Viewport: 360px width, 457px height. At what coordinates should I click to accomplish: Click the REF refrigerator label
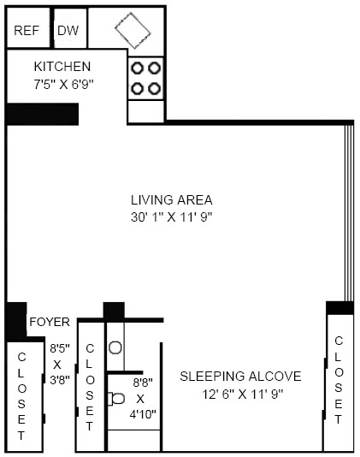pyautogui.click(x=27, y=31)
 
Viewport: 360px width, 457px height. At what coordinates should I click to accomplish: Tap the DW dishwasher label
pyautogui.click(x=68, y=31)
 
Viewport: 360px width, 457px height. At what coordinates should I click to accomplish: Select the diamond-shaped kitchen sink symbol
pyautogui.click(x=133, y=30)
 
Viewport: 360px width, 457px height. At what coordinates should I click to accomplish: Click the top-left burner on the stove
pyautogui.click(x=137, y=68)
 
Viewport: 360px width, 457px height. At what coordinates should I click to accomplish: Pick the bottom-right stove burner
pyautogui.click(x=154, y=88)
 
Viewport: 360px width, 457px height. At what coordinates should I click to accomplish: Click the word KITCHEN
pyautogui.click(x=62, y=67)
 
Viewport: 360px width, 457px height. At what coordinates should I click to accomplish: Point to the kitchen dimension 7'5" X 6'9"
pyautogui.click(x=63, y=85)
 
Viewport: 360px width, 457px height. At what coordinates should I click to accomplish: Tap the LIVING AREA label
pyautogui.click(x=172, y=200)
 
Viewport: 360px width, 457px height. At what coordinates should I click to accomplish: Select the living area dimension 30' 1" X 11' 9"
pyautogui.click(x=172, y=217)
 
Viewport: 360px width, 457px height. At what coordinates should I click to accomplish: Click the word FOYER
pyautogui.click(x=50, y=322)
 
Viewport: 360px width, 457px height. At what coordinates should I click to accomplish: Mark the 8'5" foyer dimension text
pyautogui.click(x=60, y=348)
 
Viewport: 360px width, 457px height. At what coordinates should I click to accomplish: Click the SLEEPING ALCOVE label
pyautogui.click(x=240, y=377)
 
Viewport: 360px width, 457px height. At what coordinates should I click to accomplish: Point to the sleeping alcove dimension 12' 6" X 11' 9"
pyautogui.click(x=243, y=395)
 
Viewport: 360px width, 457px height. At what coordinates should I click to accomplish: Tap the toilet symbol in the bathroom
pyautogui.click(x=116, y=399)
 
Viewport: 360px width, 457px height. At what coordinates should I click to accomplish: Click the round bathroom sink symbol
pyautogui.click(x=115, y=347)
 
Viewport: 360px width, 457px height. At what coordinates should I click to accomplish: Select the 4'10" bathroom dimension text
pyautogui.click(x=143, y=414)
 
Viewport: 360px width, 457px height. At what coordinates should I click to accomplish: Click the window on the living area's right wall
pyautogui.click(x=349, y=213)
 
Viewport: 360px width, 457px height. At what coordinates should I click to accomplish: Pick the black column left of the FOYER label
pyautogui.click(x=16, y=322)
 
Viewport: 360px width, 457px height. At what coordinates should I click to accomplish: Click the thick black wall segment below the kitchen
pyautogui.click(x=42, y=114)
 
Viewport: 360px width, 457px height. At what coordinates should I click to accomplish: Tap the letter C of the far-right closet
pyautogui.click(x=339, y=341)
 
